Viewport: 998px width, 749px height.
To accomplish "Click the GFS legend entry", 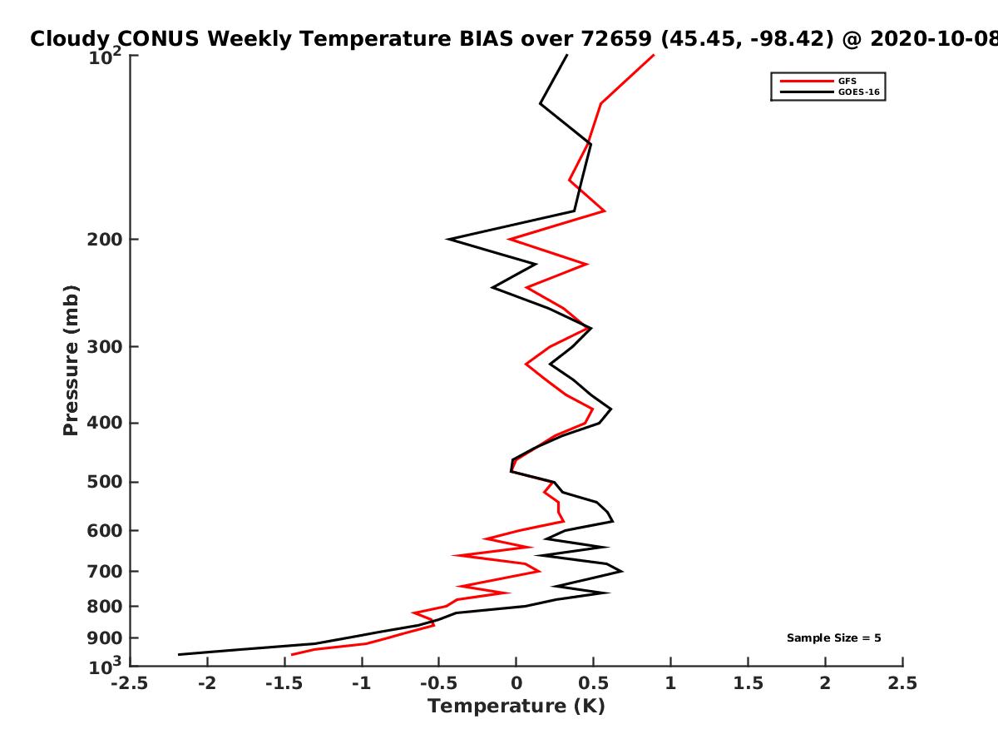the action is [x=818, y=81].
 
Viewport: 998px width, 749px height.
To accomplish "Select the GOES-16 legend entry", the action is [x=830, y=92].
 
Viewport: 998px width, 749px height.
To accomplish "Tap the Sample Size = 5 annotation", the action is [x=834, y=638].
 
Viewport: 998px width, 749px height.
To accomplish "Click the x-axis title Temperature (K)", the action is [x=516, y=707].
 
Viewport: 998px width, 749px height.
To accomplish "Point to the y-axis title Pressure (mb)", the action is [x=71, y=360].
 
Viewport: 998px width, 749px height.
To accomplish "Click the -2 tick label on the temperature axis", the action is [x=207, y=683].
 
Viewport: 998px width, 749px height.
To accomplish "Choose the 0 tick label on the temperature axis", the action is [x=516, y=683].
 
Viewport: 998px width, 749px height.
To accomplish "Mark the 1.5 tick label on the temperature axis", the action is [x=748, y=683].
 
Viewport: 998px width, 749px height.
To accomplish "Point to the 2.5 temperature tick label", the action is [x=902, y=683].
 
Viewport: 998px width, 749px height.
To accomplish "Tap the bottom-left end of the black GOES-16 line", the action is [x=179, y=654].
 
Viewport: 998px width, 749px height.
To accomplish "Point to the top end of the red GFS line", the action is [x=654, y=55].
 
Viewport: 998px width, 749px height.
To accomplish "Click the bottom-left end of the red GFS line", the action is [x=291, y=655].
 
